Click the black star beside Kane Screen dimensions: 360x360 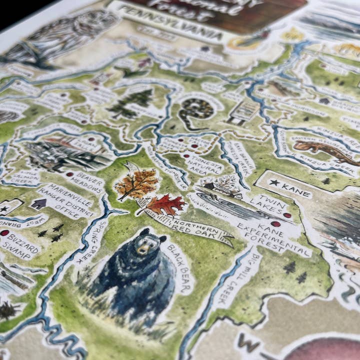(x=274, y=182)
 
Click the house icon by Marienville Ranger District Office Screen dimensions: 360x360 (x=38, y=203)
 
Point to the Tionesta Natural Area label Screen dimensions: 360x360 (x=203, y=162)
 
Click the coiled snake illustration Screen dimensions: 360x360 (x=195, y=109)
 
